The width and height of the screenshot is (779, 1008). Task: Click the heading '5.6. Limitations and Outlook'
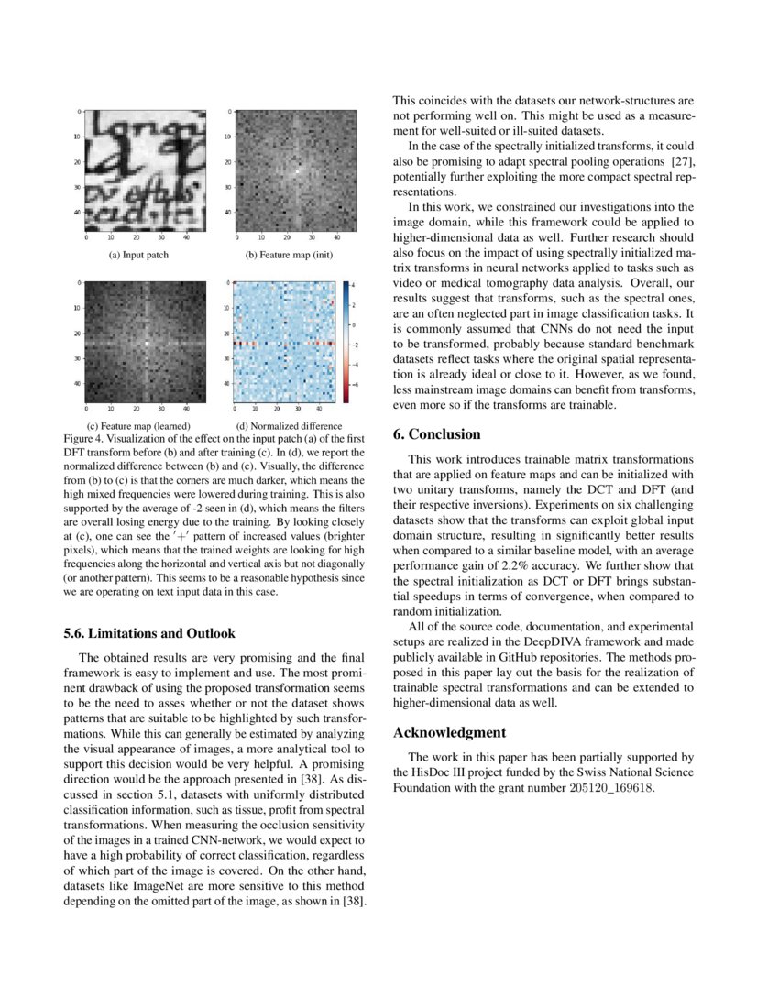149,633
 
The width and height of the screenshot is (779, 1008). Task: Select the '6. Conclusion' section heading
444,433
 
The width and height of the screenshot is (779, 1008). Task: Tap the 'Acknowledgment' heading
449,733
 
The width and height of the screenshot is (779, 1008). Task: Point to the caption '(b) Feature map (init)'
288,255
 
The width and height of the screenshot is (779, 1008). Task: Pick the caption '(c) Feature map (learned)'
138,426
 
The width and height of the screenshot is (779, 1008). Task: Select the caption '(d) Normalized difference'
289,426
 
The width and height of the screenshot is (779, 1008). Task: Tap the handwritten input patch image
145,170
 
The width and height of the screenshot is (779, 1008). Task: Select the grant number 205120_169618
609,788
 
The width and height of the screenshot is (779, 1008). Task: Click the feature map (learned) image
145,341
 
